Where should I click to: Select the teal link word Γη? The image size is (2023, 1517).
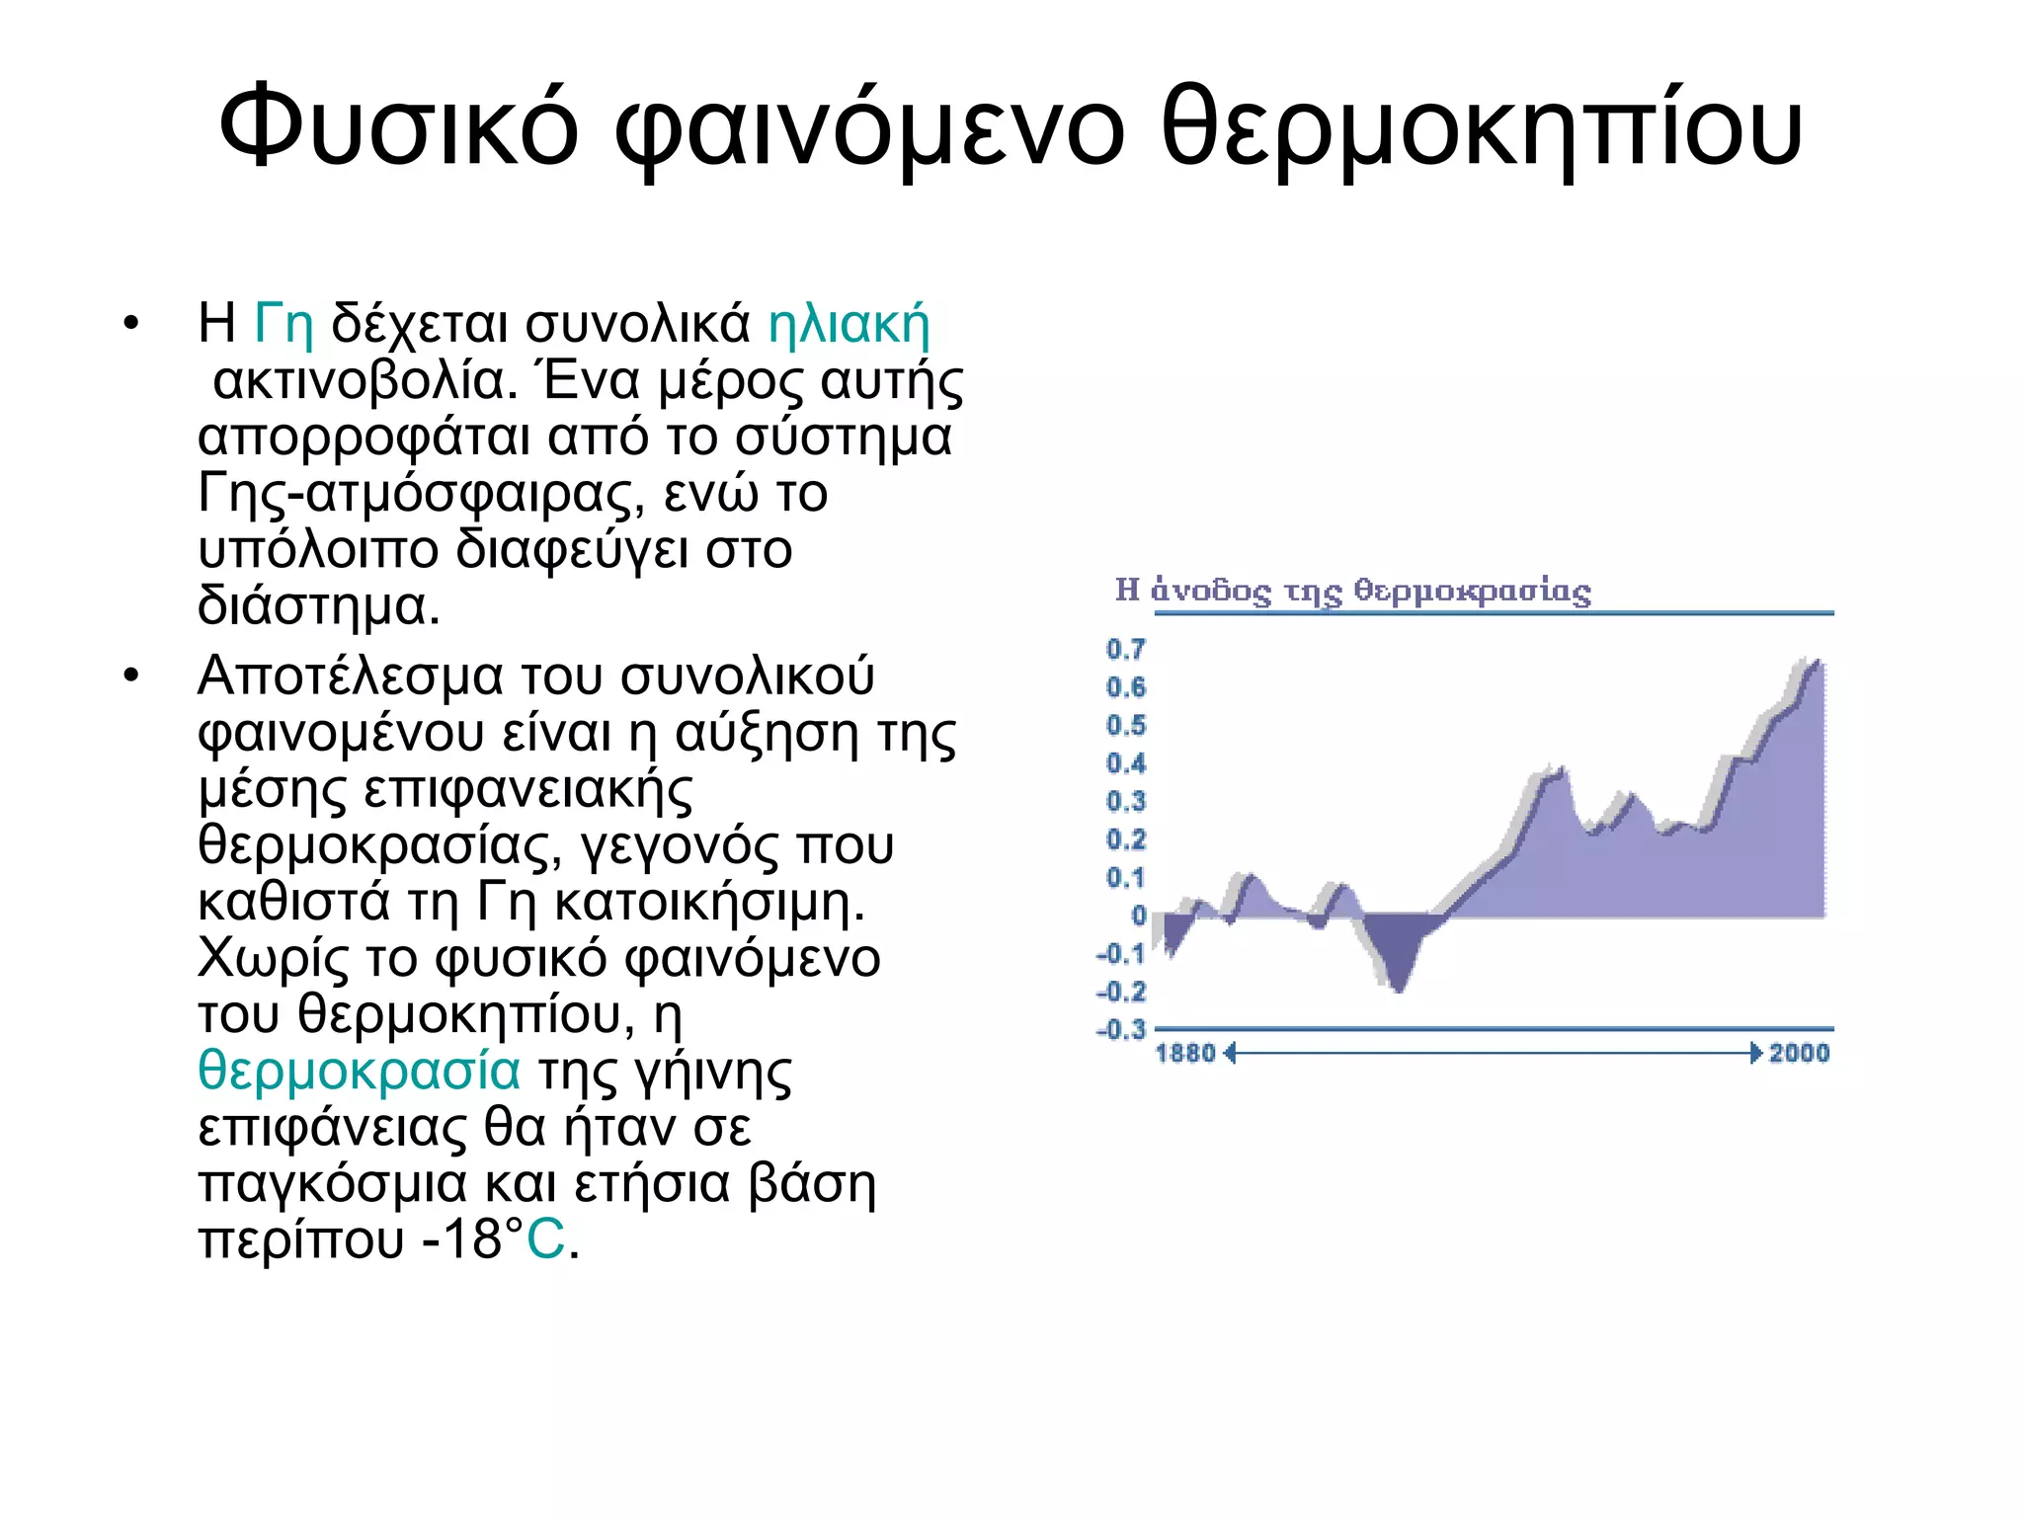[283, 323]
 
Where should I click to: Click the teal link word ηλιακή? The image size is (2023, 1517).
[849, 325]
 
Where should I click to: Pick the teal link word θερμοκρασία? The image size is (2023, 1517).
[359, 1071]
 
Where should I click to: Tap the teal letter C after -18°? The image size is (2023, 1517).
[545, 1239]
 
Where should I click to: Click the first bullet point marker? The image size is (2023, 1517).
[131, 324]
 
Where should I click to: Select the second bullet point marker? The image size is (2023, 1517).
[131, 677]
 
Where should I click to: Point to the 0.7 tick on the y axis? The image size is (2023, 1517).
[1125, 649]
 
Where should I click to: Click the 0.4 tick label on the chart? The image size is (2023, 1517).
[1125, 763]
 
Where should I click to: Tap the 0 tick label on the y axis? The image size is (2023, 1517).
[1138, 916]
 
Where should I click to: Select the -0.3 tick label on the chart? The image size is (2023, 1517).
[1121, 1030]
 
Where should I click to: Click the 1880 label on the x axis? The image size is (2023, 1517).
[1185, 1053]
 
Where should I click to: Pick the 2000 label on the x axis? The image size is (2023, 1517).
[1799, 1053]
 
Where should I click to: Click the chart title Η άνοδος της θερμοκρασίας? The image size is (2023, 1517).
[1352, 591]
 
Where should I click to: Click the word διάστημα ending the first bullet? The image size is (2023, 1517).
[318, 605]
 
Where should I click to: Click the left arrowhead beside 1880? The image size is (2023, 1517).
[1230, 1054]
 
